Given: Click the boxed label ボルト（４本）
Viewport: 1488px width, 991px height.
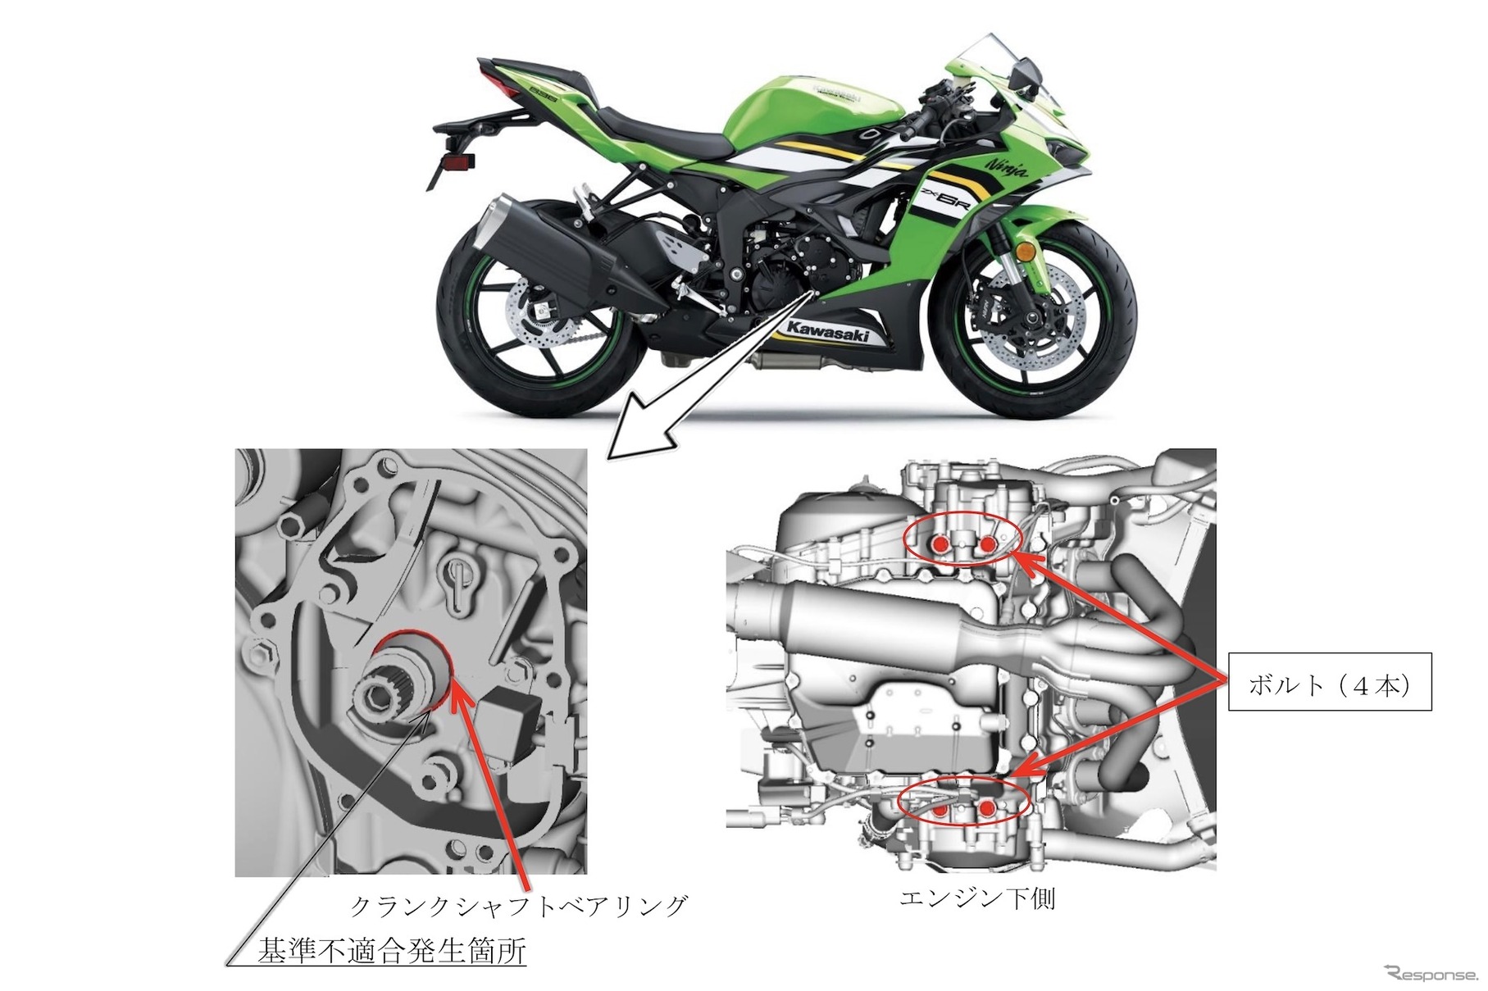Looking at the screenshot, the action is [x=1329, y=681].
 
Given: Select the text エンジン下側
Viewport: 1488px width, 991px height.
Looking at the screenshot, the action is [x=976, y=899].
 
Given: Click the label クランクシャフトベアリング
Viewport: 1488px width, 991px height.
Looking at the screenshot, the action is [x=518, y=906].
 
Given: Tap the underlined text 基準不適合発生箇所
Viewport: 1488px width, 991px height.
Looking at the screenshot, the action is [x=392, y=951].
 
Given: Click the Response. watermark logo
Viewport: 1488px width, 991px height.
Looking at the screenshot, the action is [x=1430, y=973].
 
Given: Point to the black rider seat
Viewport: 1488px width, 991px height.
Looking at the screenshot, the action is [x=656, y=135].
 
